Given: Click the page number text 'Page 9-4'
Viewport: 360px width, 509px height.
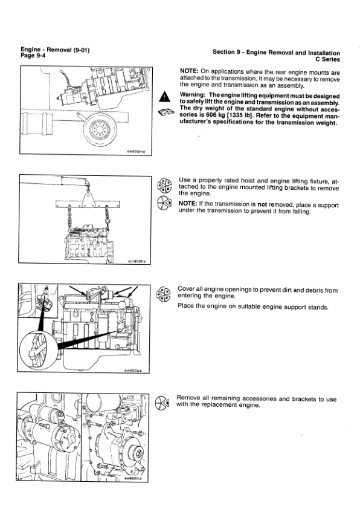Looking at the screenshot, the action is (x=33, y=56).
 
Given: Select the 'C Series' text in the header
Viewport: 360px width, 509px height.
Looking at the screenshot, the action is (x=327, y=59).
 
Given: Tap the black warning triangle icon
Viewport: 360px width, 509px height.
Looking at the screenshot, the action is (x=164, y=96).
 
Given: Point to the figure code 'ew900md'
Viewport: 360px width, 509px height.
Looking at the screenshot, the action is (x=137, y=152).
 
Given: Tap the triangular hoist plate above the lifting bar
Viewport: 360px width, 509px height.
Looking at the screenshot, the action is (x=88, y=199).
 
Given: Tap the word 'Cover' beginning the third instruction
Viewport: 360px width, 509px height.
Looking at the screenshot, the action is (x=186, y=289).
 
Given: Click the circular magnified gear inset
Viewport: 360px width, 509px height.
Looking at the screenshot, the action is (x=38, y=349).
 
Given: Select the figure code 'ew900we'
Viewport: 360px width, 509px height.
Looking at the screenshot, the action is (x=133, y=370).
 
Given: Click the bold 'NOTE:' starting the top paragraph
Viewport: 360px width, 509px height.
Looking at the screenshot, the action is (x=189, y=71).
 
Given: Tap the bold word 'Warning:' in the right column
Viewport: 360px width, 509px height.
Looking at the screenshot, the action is (x=193, y=95).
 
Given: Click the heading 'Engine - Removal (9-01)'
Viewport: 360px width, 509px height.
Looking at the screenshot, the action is (x=55, y=50).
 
